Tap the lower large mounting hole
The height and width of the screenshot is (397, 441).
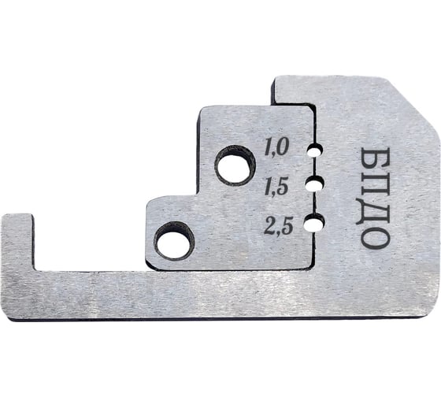[174, 240]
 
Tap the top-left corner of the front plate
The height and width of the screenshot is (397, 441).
[202, 109]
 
